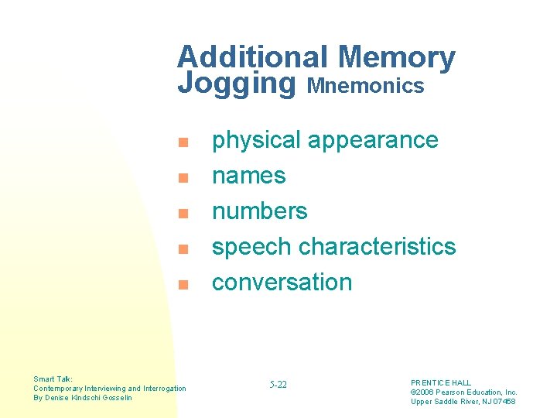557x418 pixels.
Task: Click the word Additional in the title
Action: (x=254, y=57)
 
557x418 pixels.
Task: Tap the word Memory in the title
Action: (x=397, y=57)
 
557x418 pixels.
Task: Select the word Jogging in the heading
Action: (x=237, y=84)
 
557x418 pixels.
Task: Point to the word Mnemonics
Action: (x=366, y=86)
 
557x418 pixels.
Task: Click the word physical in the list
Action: (x=256, y=141)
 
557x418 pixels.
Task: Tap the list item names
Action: (x=249, y=176)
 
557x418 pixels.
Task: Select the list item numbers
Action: (x=260, y=211)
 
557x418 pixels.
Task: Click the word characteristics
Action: (x=377, y=247)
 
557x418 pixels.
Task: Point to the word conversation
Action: (x=282, y=283)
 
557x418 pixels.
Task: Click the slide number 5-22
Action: (x=278, y=385)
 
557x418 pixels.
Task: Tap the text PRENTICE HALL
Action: (x=441, y=383)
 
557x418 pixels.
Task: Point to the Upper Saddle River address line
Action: (x=463, y=402)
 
